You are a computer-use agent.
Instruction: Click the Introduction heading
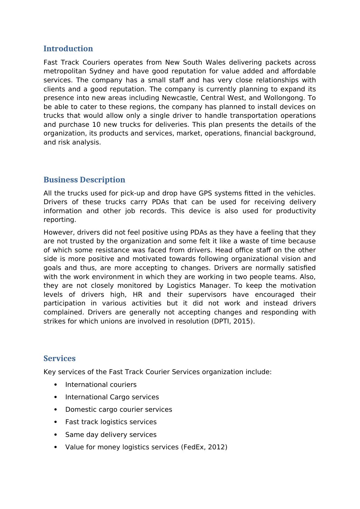point(68,49)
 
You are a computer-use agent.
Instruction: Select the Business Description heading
point(84,180)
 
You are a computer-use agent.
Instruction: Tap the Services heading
point(59,359)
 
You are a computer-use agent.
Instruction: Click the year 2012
point(216,447)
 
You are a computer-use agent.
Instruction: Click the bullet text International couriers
point(101,385)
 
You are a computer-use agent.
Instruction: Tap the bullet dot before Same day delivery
point(56,435)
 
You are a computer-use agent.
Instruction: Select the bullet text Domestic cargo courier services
point(118,410)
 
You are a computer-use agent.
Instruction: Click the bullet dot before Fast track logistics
point(56,422)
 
